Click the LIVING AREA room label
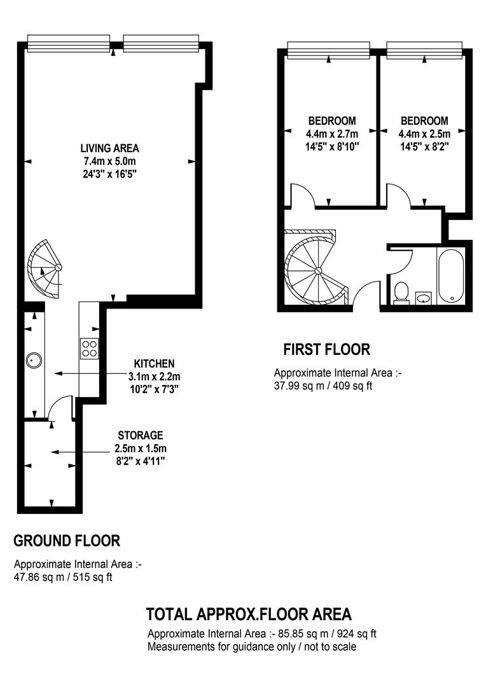(109, 148)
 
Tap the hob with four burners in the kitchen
(90, 349)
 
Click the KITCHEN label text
(154, 364)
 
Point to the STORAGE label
(140, 436)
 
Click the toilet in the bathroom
(401, 293)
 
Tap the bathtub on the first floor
(450, 275)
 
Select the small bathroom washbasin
(423, 298)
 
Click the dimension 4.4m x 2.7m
(332, 134)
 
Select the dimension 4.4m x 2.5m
(424, 134)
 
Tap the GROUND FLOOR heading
(67, 541)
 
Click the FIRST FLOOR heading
(326, 350)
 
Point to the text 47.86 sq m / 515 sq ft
(63, 577)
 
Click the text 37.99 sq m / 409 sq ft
(323, 386)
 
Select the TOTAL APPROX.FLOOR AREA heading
(249, 614)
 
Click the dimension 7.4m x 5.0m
(109, 161)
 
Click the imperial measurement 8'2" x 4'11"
(140, 461)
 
